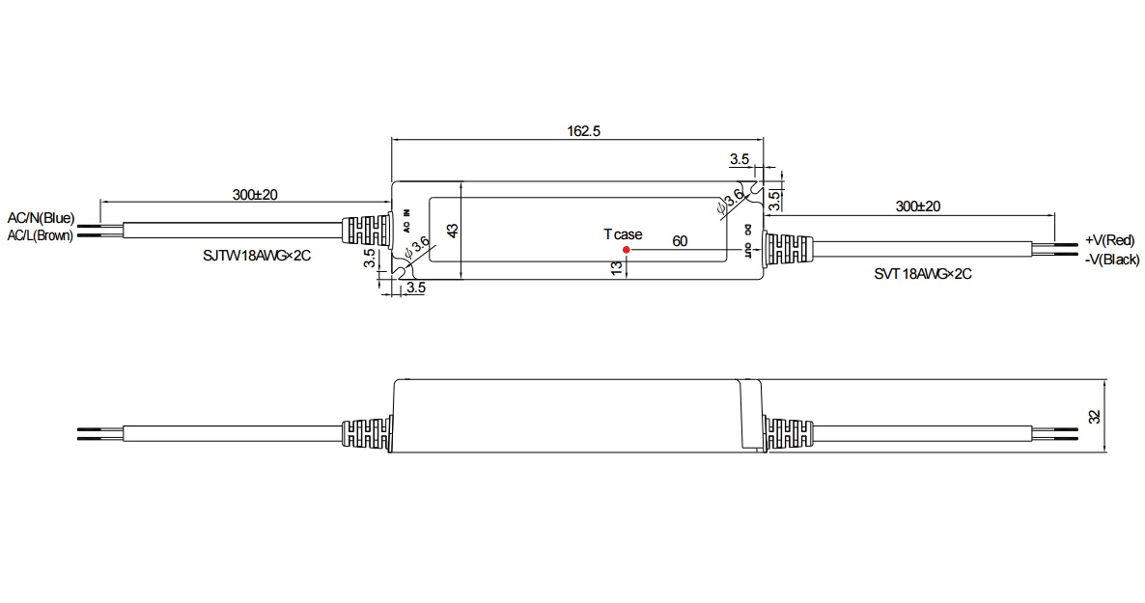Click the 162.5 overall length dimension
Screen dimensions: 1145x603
(x=583, y=131)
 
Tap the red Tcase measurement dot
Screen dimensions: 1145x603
(x=626, y=250)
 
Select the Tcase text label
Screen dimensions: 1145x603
(x=623, y=234)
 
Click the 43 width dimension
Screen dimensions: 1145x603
(x=453, y=231)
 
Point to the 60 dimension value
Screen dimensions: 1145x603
(x=680, y=241)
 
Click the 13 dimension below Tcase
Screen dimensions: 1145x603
(x=617, y=268)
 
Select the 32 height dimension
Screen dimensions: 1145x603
(x=1094, y=417)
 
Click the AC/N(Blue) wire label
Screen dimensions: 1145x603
(x=41, y=218)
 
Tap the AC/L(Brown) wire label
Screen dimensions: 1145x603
(x=41, y=235)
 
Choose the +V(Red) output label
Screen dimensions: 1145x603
(x=1110, y=240)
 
